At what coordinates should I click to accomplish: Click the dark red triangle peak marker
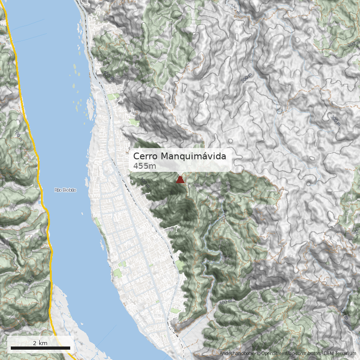click(x=180, y=180)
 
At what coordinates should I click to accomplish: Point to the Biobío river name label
click(x=66, y=190)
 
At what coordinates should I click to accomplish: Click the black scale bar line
click(x=40, y=348)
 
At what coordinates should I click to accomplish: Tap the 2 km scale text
click(x=40, y=343)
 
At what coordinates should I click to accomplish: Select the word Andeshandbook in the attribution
click(x=236, y=354)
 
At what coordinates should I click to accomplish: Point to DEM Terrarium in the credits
click(x=340, y=354)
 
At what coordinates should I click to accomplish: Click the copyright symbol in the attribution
click(x=258, y=354)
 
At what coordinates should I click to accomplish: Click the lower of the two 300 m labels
click(x=335, y=120)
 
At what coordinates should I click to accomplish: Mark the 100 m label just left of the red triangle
click(x=144, y=182)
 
